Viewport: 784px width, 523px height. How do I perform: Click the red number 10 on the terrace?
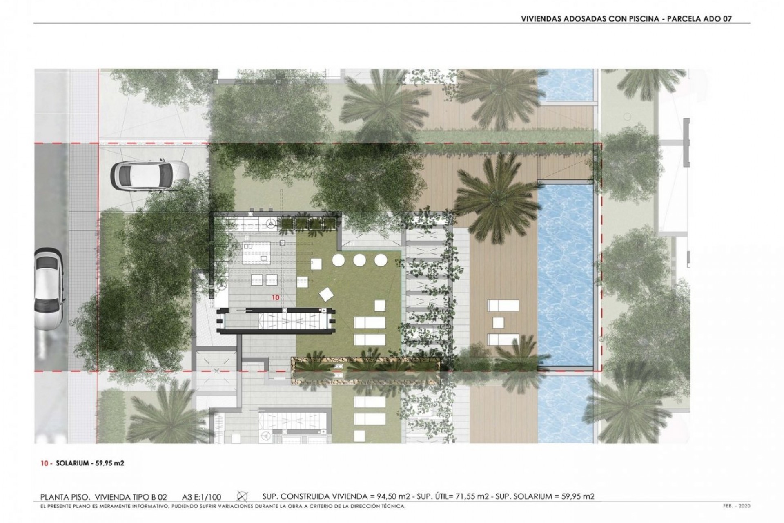(x=276, y=297)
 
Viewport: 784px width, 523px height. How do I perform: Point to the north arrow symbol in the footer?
(x=243, y=496)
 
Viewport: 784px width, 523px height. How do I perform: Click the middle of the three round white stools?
(x=359, y=260)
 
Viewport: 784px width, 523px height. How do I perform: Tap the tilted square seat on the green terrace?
(x=327, y=294)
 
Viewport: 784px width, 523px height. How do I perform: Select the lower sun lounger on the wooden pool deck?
(x=503, y=339)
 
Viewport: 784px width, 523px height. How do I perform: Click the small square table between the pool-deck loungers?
(x=498, y=322)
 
